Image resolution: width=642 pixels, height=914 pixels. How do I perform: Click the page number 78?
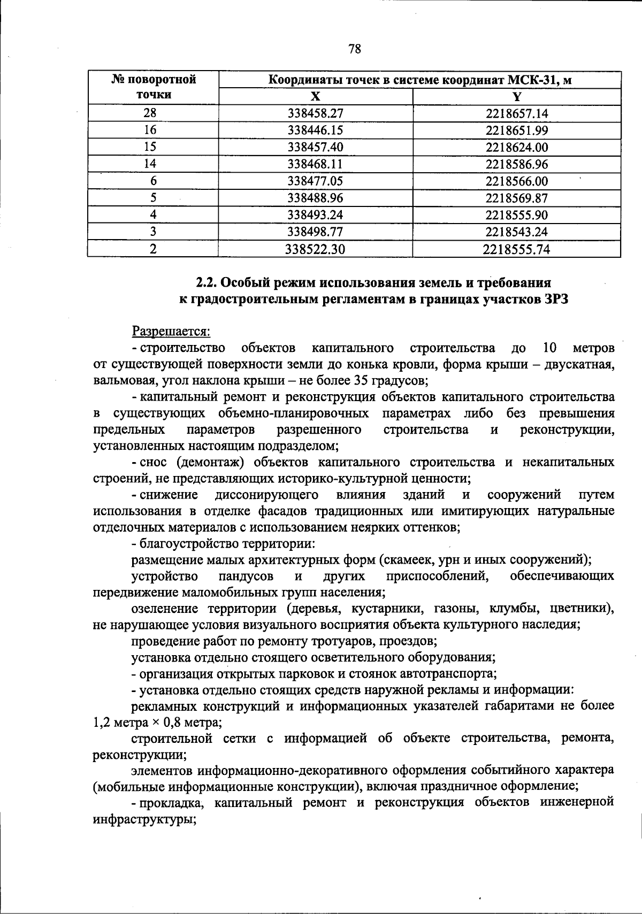pos(354,49)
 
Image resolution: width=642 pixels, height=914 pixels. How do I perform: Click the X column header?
pos(316,96)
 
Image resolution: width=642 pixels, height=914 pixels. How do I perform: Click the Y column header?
pos(517,96)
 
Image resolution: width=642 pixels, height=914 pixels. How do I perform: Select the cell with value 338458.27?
pos(315,113)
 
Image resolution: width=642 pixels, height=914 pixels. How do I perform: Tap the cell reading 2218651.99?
pos(517,130)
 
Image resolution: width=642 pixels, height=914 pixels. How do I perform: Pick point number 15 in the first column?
pos(153,147)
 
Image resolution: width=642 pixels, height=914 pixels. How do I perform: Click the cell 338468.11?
pos(315,164)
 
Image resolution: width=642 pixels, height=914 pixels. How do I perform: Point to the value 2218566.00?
pos(517,181)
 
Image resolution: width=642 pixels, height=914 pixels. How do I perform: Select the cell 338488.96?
pos(315,198)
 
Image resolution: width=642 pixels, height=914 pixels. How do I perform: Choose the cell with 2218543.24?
pos(517,232)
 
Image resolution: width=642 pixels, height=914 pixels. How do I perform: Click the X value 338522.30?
pos(315,249)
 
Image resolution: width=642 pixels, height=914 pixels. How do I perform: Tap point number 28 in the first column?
pos(153,113)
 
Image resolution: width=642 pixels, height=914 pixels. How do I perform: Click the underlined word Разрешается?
pos(171,331)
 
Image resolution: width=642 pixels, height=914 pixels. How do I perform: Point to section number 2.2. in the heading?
pos(205,282)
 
